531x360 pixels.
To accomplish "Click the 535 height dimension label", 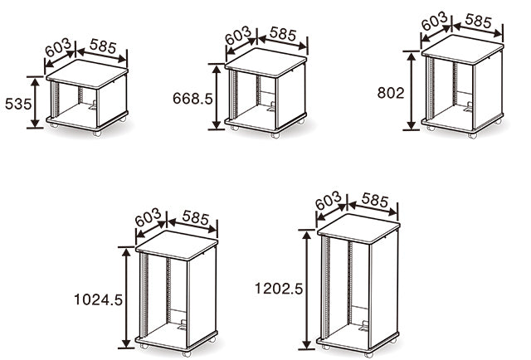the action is [x=18, y=104].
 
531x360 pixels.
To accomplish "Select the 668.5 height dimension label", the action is [x=192, y=99].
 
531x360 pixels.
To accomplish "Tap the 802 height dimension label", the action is [x=391, y=93].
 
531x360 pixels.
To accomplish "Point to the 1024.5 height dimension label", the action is [x=98, y=299].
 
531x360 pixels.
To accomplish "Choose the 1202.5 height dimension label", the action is [x=279, y=289].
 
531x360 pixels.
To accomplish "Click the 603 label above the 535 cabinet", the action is [x=58, y=47].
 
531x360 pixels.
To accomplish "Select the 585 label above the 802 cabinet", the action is [x=478, y=21].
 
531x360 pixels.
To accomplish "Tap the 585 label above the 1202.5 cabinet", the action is [x=374, y=200].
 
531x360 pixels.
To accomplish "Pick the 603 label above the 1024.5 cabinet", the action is [x=148, y=217].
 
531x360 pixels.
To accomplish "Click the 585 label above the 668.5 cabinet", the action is [x=283, y=34].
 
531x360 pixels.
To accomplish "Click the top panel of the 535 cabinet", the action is [x=86, y=73].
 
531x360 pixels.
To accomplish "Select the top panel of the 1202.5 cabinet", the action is [x=358, y=227].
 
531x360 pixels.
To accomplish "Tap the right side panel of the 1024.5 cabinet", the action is [x=202, y=296].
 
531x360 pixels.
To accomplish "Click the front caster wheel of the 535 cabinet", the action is [x=97, y=133].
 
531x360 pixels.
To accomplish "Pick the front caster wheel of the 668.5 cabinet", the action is [x=275, y=135].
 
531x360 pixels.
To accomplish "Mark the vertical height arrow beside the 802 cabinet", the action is [x=412, y=90].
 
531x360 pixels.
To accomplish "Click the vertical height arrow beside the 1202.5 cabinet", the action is [x=307, y=289].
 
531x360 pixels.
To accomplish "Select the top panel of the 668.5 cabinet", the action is [x=265, y=62].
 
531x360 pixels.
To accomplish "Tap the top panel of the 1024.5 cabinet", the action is [x=177, y=245].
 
